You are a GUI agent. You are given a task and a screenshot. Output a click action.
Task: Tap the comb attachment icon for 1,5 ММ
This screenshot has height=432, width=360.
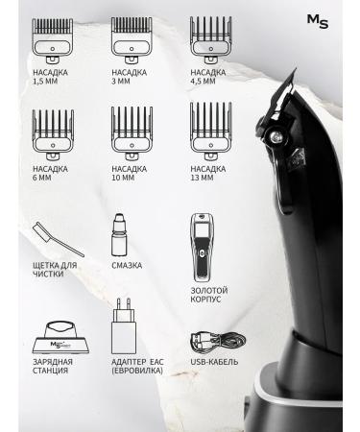click(51, 44)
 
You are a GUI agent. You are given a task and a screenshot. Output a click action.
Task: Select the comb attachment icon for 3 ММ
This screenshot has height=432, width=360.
click(131, 44)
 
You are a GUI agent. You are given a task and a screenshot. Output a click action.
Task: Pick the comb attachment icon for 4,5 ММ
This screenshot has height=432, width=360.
click(209, 44)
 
